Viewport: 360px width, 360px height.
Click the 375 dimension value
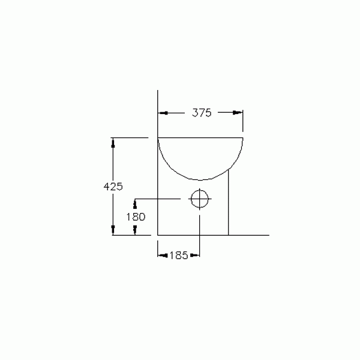pyautogui.click(x=202, y=113)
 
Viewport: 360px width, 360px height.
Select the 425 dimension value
pyautogui.click(x=113, y=186)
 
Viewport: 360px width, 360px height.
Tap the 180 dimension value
pyautogui.click(x=136, y=217)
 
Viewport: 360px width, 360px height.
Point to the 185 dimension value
pyautogui.click(x=179, y=255)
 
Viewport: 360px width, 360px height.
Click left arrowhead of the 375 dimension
pyautogui.click(x=163, y=113)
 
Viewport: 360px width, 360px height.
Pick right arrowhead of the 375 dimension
pyautogui.click(x=238, y=113)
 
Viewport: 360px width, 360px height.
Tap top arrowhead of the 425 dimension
pyautogui.click(x=113, y=143)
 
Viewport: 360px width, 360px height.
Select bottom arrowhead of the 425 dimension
pyautogui.click(x=113, y=230)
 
